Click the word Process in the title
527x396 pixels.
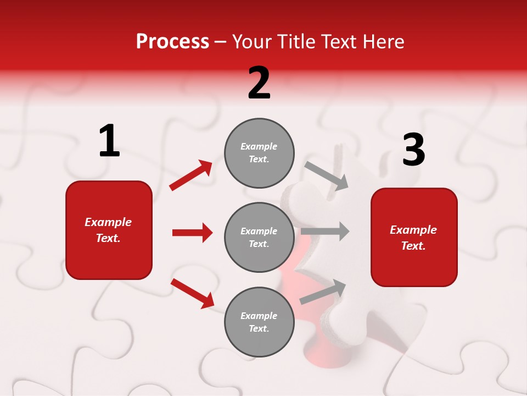click(172, 42)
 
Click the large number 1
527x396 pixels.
click(109, 141)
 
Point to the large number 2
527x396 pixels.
click(259, 83)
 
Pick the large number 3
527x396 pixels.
click(413, 150)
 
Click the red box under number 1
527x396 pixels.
click(109, 230)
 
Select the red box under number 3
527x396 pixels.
click(414, 237)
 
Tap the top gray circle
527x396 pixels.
click(259, 153)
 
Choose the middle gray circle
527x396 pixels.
click(259, 237)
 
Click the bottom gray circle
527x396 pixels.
click(259, 322)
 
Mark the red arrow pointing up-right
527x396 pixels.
click(191, 175)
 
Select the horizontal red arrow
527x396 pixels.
click(192, 233)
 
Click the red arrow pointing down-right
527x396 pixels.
click(193, 293)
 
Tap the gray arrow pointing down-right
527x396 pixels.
click(327, 175)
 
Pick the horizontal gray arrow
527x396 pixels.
click(325, 232)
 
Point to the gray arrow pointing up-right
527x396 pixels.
click(323, 291)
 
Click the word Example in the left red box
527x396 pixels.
click(108, 222)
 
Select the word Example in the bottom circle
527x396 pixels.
click(259, 316)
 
